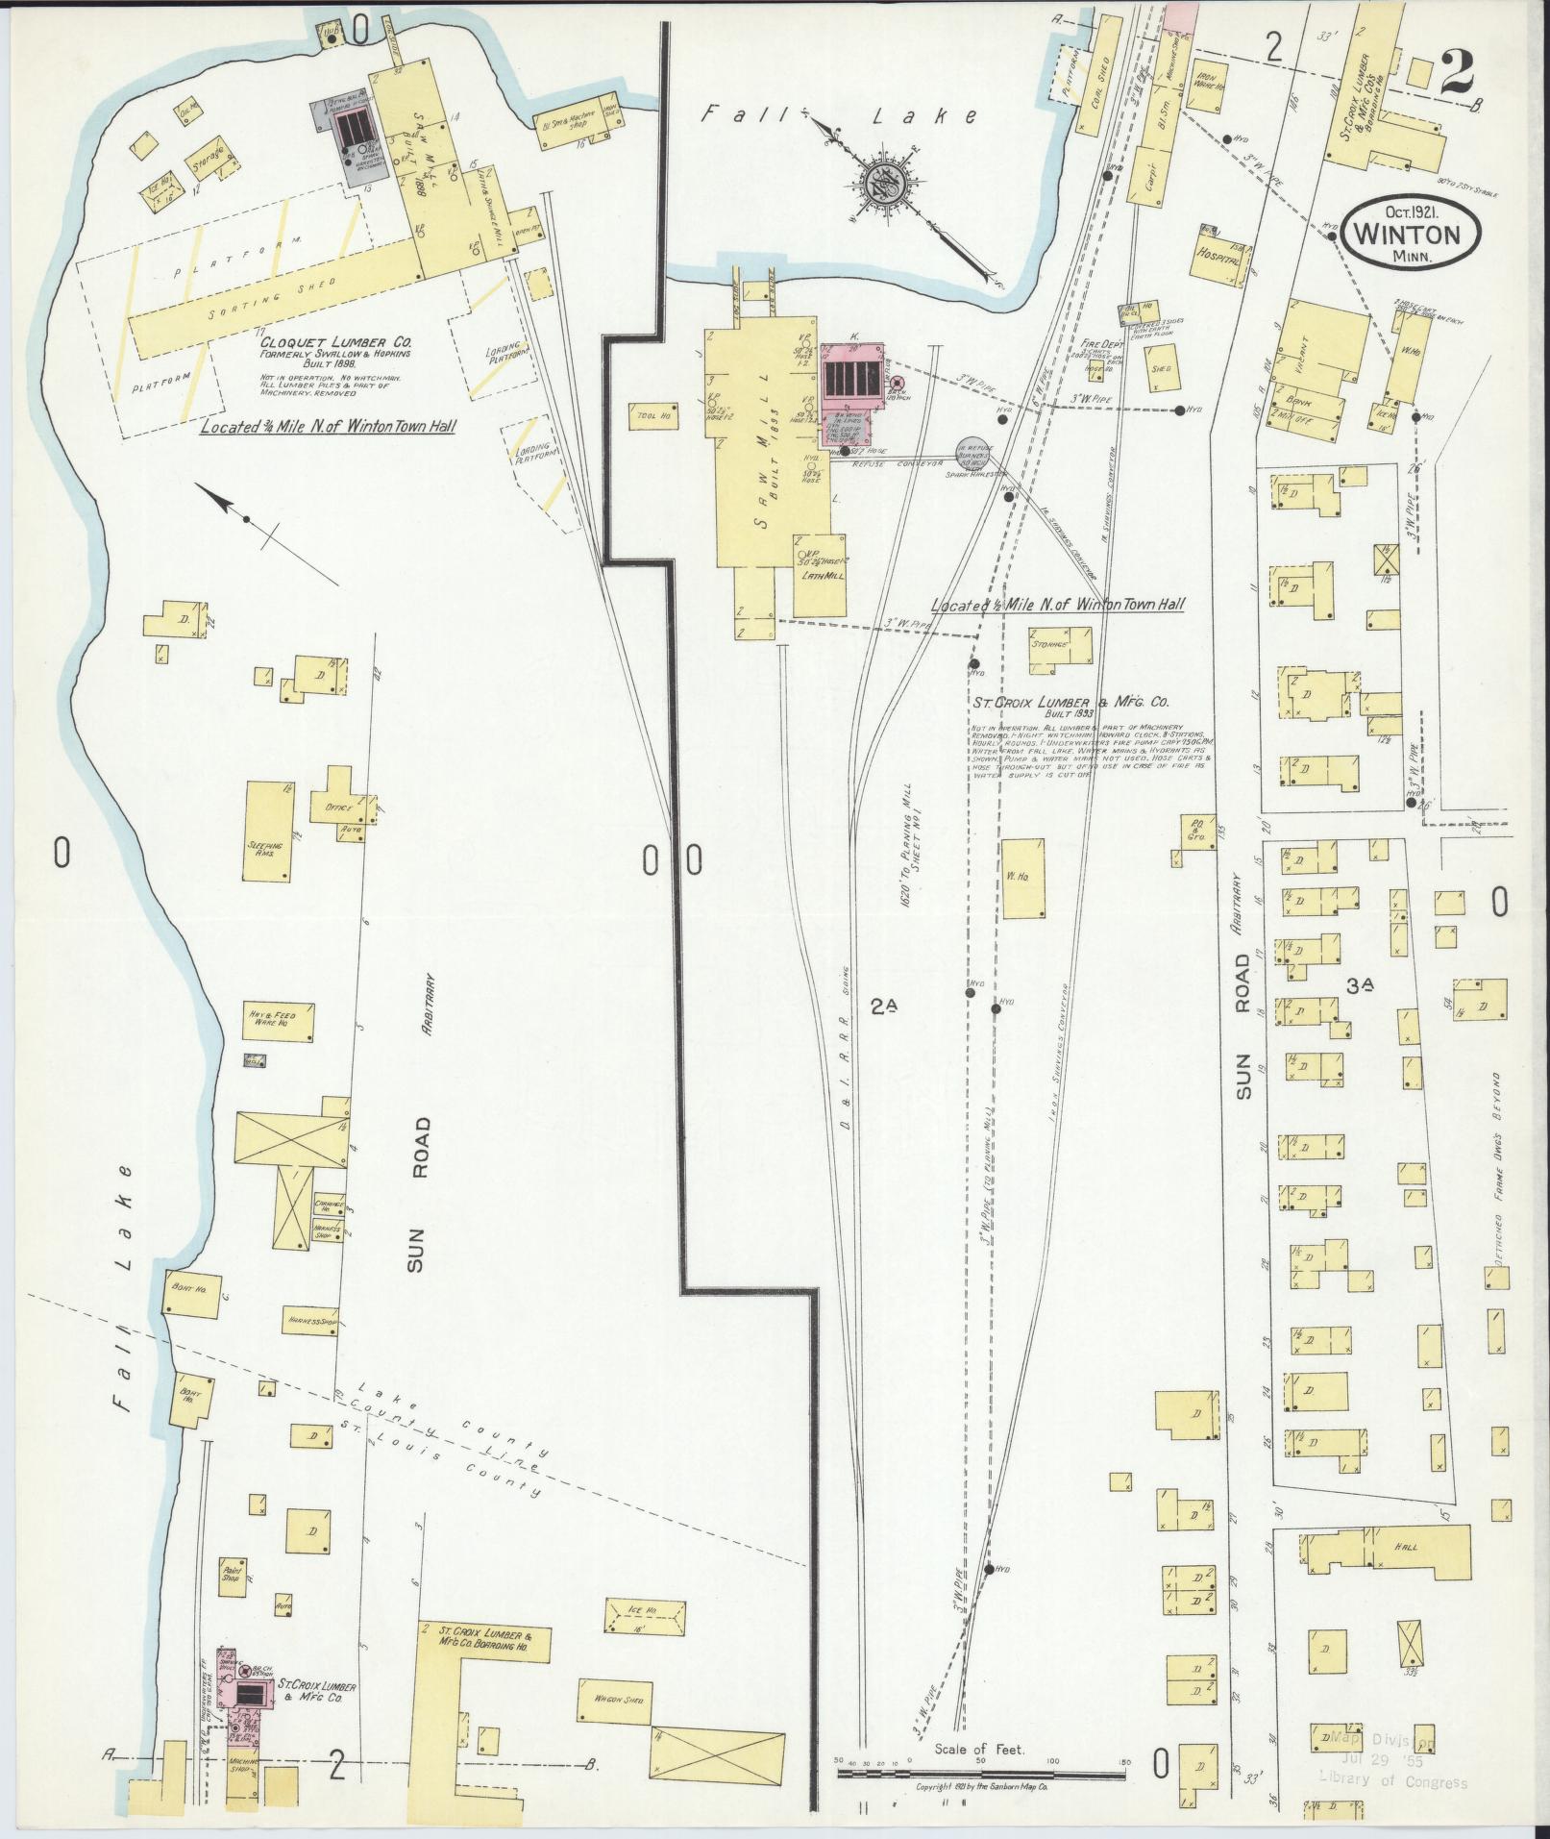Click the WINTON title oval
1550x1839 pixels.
click(x=1411, y=234)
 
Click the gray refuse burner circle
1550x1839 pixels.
click(x=973, y=452)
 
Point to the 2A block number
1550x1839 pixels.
click(x=884, y=1006)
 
